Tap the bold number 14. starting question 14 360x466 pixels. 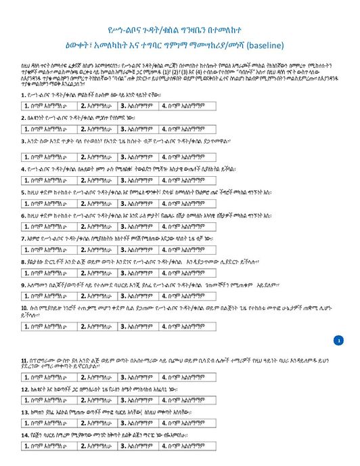[x=25, y=437]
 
